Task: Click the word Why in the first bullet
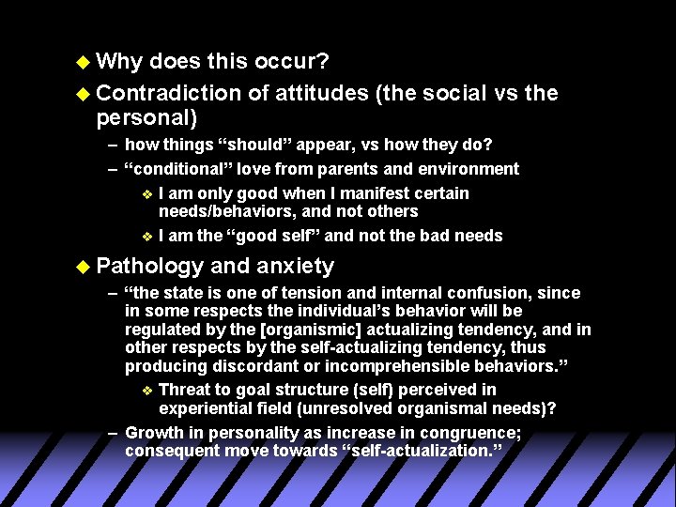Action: (118, 62)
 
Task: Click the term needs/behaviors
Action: (226, 211)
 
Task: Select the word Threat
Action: (185, 390)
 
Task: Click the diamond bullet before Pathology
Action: (83, 267)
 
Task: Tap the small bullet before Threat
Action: (146, 391)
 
